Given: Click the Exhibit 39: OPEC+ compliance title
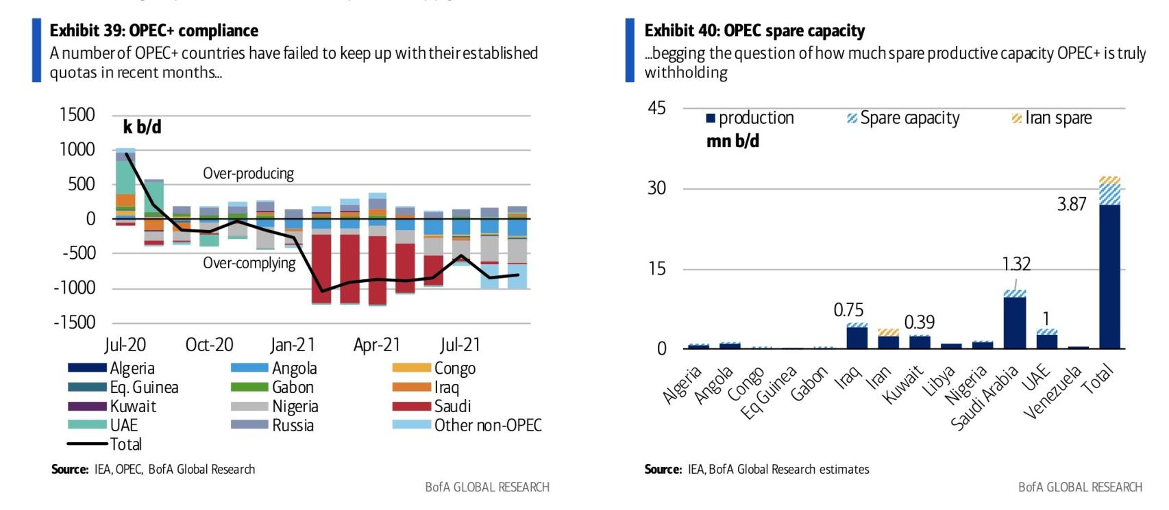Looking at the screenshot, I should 153,31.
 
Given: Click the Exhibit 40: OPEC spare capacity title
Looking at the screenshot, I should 754,31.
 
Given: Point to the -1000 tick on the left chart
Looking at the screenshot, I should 75,288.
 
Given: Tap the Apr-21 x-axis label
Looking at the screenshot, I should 376,344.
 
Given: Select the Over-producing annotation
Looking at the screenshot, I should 248,174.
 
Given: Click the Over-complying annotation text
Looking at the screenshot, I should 249,264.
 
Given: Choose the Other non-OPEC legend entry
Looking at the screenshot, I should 487,426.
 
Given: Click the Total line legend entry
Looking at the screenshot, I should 125,444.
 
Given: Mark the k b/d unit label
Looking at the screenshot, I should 142,127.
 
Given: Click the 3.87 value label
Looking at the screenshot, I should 1071,205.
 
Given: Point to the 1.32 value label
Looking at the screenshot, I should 1016,264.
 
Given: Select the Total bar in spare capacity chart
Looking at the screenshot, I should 1109,274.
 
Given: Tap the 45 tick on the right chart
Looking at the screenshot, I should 656,109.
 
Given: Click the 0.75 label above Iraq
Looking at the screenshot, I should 848,310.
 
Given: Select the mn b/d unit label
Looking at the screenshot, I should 733,141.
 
